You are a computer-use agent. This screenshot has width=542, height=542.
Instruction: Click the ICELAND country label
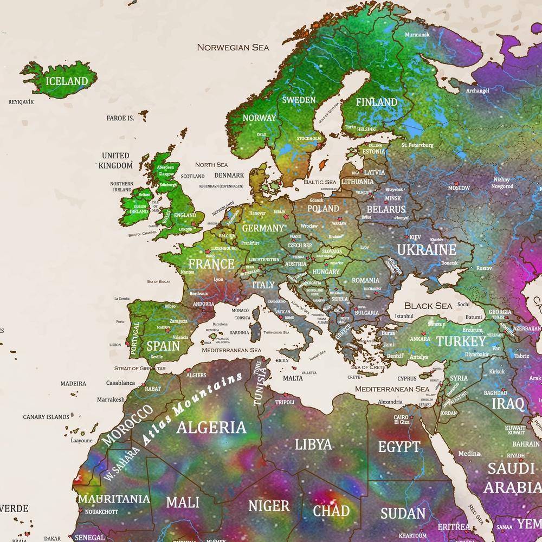67,82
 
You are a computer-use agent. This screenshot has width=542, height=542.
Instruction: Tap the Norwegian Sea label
233,47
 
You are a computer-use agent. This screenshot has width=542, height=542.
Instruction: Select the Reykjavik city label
21,101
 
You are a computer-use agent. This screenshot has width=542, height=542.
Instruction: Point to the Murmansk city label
417,35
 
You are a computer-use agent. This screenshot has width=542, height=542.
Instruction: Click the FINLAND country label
376,102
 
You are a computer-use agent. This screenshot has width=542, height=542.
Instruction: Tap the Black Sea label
428,306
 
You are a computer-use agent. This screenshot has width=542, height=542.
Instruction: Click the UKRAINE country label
426,250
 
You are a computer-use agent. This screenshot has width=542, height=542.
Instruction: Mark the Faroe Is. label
120,118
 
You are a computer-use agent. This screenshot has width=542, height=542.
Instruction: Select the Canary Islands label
46,417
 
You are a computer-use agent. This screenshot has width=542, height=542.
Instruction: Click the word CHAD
331,511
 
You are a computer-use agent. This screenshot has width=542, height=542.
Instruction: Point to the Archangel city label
477,91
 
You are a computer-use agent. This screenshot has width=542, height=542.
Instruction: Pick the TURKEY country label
461,341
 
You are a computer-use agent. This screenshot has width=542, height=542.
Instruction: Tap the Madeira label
73,383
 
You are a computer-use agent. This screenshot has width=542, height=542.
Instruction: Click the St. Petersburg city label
417,145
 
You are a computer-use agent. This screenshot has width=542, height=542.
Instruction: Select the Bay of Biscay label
158,282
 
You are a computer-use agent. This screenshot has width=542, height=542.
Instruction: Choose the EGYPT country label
399,447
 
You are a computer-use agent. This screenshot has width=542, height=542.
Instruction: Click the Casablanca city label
120,383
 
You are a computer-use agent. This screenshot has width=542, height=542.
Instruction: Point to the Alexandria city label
390,402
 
